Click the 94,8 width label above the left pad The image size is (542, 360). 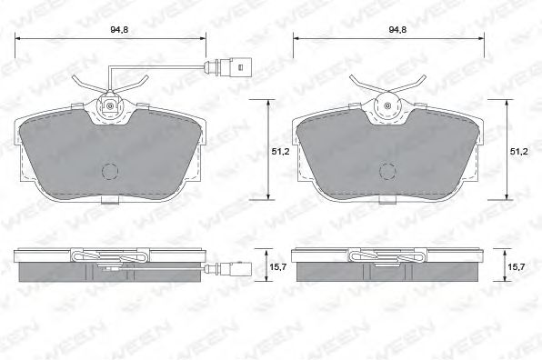coord(119,30)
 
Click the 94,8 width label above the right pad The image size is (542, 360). coord(397,30)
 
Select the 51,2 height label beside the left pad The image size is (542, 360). coord(280,151)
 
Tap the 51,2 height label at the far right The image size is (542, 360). coord(519,151)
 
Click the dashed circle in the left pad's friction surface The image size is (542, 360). coord(110,171)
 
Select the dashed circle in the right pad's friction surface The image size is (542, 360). coord(387,171)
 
